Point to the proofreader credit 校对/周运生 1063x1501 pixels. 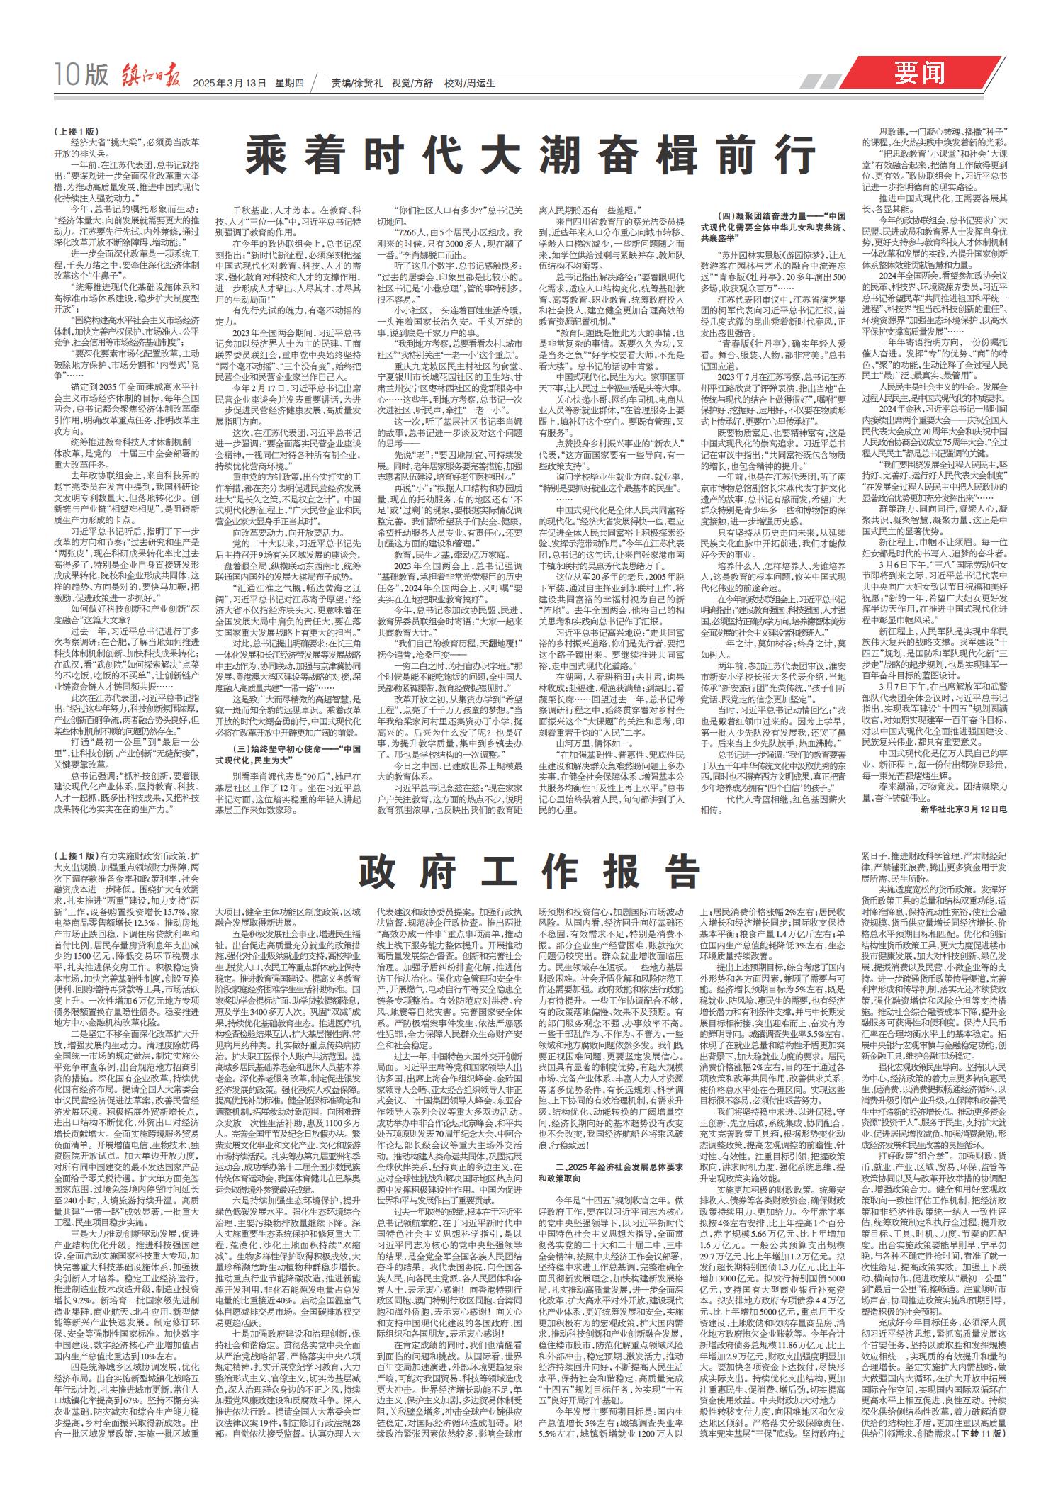click(469, 82)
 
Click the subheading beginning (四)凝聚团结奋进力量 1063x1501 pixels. click(772, 220)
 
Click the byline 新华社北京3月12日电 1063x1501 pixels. click(964, 809)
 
